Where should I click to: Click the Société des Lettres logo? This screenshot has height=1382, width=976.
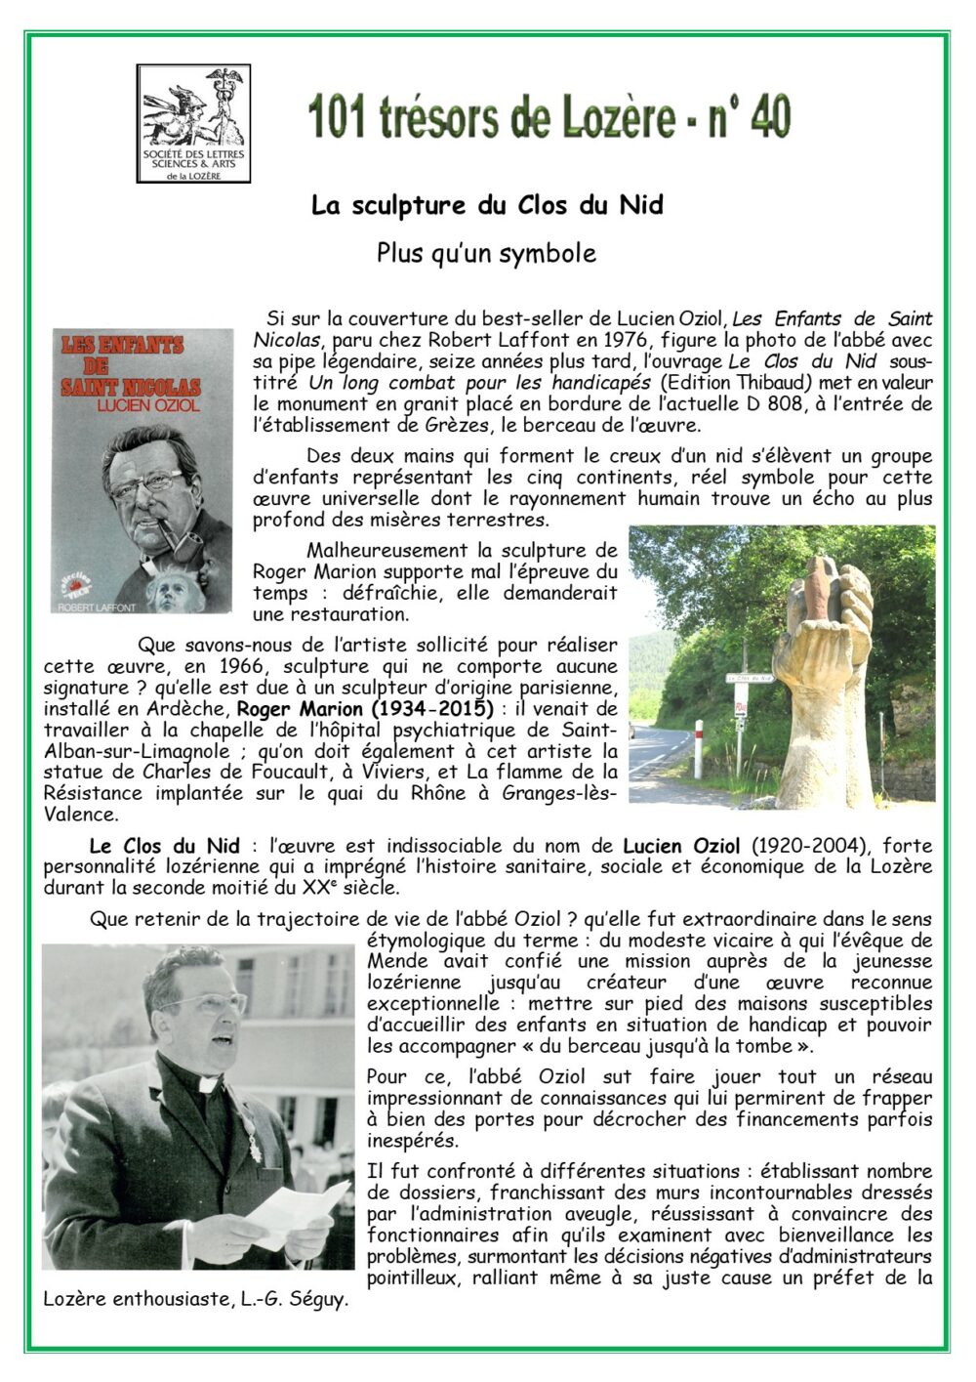tap(193, 123)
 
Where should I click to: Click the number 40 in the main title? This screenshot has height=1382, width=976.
tap(764, 118)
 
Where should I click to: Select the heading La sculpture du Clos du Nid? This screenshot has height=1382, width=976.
tap(487, 206)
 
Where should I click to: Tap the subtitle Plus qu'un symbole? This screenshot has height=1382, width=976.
tap(486, 253)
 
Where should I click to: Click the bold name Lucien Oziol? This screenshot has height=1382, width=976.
tap(681, 846)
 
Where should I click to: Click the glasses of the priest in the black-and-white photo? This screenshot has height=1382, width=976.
tap(203, 1005)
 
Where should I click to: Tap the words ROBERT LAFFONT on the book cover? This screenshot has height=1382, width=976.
tap(98, 607)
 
